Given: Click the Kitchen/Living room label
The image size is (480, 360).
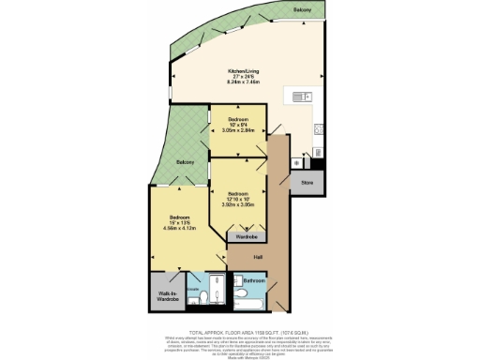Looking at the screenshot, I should (245, 71).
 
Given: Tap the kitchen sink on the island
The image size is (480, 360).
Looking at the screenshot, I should (302, 97).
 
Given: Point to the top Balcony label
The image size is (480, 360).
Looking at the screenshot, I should (301, 9).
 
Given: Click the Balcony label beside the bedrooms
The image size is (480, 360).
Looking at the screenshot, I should (185, 162).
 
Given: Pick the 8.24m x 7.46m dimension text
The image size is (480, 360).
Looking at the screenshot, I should (245, 82).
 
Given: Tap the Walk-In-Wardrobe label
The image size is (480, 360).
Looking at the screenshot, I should (166, 293).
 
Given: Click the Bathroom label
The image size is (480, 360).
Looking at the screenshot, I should (255, 280).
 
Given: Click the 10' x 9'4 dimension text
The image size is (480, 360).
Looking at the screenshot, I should (237, 125).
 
